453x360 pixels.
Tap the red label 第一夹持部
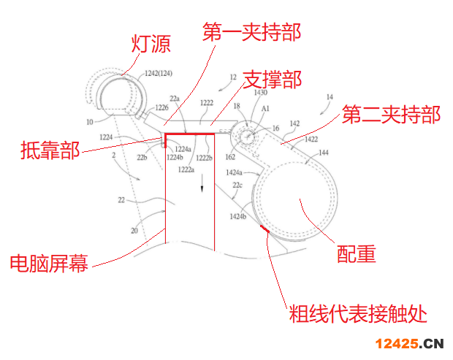(251, 32)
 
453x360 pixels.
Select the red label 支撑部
(271, 79)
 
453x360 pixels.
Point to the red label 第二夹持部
(391, 115)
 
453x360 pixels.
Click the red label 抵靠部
(50, 153)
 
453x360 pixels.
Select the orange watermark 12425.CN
(410, 343)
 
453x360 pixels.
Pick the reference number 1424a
(235, 172)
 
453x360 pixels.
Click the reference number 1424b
(238, 216)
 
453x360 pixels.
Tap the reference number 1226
(161, 107)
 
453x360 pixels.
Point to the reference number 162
(229, 156)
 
